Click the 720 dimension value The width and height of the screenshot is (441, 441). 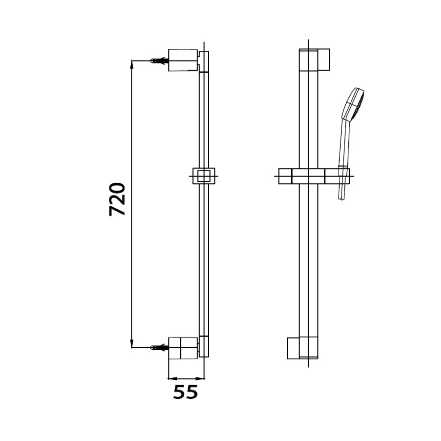click(x=118, y=199)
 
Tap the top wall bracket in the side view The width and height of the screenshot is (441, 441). click(x=183, y=60)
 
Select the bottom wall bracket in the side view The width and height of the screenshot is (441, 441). click(x=183, y=347)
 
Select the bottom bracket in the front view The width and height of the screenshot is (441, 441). click(x=293, y=348)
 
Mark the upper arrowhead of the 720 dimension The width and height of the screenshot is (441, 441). click(x=132, y=63)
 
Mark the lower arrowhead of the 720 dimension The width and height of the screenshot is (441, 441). click(x=132, y=344)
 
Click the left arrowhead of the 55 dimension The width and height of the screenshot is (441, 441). click(x=171, y=379)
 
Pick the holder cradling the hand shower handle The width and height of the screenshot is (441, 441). click(x=343, y=175)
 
